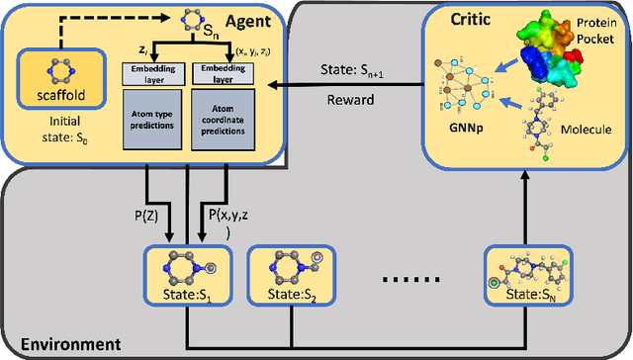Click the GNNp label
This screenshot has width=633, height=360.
[x=456, y=139]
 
